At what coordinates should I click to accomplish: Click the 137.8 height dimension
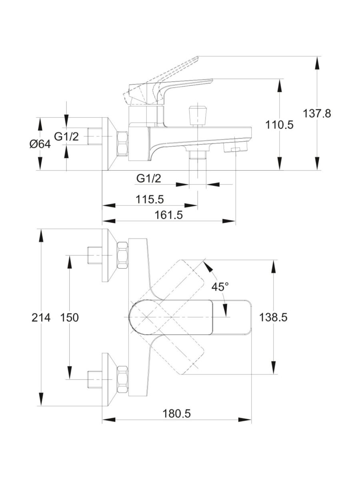tap(317, 113)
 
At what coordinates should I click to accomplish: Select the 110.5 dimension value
tap(279, 125)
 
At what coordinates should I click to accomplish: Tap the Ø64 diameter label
tap(40, 144)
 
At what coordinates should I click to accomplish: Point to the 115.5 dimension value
tap(150, 199)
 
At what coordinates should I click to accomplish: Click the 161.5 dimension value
tap(168, 215)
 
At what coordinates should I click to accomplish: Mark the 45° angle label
tap(220, 286)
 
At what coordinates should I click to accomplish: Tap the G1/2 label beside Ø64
tap(66, 137)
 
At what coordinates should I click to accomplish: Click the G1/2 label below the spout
tap(148, 179)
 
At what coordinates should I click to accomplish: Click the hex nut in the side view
tap(123, 143)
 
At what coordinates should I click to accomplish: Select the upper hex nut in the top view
tap(122, 255)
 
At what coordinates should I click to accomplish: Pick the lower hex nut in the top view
tap(122, 379)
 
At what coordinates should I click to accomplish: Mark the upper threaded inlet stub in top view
tap(95, 255)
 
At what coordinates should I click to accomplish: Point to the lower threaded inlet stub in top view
tap(95, 379)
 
